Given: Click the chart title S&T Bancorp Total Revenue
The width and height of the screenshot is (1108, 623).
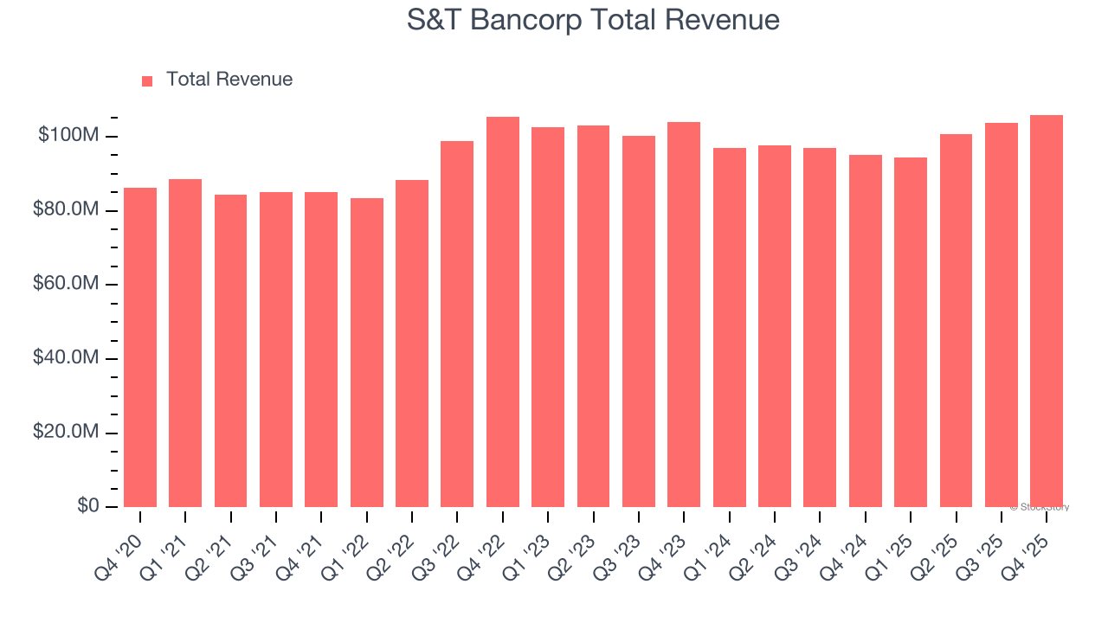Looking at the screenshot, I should [x=593, y=20].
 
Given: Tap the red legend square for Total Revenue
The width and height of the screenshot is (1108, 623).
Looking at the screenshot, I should [x=147, y=80].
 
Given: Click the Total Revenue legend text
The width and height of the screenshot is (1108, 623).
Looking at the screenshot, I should [x=229, y=80].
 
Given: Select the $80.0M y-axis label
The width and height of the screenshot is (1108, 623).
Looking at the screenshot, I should [x=66, y=210].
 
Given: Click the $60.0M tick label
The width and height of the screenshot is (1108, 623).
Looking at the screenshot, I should [x=66, y=284].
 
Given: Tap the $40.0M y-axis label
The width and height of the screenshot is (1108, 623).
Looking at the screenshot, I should [x=66, y=357].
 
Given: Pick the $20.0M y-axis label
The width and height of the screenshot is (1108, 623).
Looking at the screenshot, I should [x=66, y=432].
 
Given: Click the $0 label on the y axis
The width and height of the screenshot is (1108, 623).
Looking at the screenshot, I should [x=88, y=505].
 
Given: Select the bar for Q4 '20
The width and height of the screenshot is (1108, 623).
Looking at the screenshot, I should [x=140, y=346].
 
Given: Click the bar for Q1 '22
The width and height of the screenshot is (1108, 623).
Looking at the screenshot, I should [x=367, y=352].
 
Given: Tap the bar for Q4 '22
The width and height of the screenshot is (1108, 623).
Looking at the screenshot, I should [x=503, y=311].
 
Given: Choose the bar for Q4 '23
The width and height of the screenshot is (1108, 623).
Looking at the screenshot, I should [x=684, y=314].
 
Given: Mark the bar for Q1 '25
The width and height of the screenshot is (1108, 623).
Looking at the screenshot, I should [x=911, y=331].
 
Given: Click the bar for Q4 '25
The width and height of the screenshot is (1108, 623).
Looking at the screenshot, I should [x=1047, y=311].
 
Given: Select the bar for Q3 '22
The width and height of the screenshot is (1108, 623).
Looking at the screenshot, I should [x=457, y=324].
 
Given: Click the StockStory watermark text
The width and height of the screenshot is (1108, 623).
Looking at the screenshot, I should [x=1040, y=507].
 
